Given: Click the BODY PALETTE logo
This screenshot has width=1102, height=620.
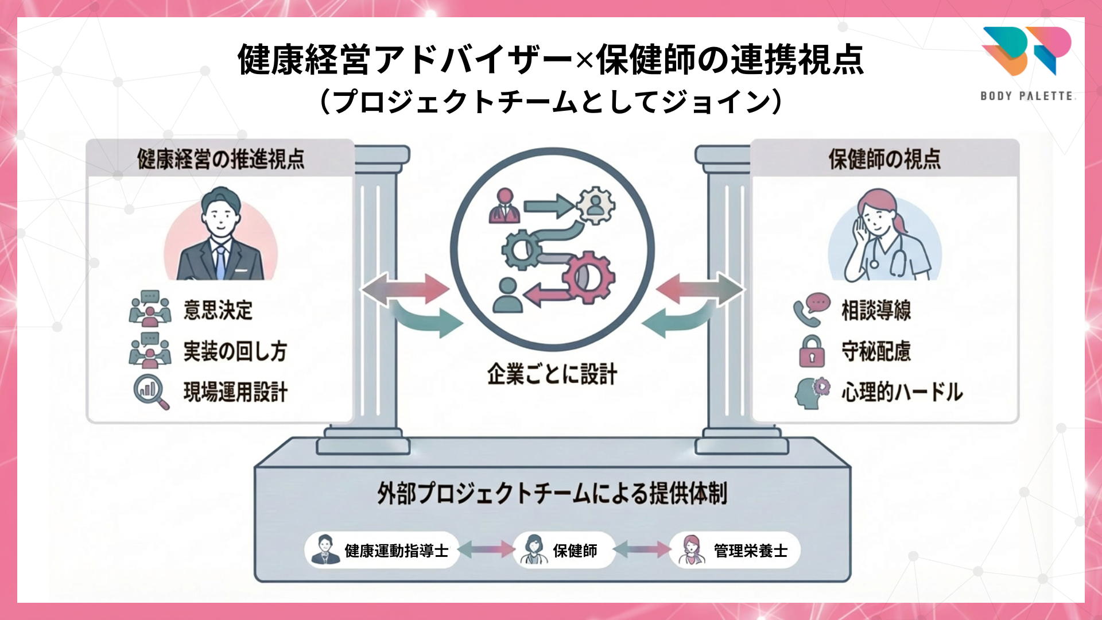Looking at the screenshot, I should (x=1027, y=63).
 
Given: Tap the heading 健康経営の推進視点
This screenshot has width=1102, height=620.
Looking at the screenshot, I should (x=221, y=159).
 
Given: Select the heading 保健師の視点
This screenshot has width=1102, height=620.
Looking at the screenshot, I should (x=884, y=159).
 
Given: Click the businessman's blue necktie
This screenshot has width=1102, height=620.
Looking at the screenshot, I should (x=220, y=262).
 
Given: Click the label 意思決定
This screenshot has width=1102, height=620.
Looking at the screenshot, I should (x=218, y=310).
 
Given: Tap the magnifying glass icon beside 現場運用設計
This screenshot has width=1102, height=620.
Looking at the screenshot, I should (x=151, y=392).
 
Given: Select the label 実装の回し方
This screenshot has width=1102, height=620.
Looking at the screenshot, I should (x=235, y=351).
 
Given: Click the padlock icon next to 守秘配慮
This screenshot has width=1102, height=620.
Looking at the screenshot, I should (x=812, y=351).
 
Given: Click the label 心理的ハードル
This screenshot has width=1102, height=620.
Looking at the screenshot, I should (x=902, y=392).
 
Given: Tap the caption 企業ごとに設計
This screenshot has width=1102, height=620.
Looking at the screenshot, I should (x=552, y=374).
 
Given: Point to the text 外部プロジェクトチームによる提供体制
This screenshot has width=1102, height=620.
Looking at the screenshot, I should (x=552, y=493).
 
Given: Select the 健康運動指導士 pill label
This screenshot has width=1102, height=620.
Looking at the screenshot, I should (x=382, y=550).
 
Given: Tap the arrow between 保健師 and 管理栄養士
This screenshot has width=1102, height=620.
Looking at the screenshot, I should (x=642, y=550).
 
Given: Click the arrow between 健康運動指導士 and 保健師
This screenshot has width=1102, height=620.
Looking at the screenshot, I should (x=486, y=550).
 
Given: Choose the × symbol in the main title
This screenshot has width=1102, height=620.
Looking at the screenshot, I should (x=584, y=60).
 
